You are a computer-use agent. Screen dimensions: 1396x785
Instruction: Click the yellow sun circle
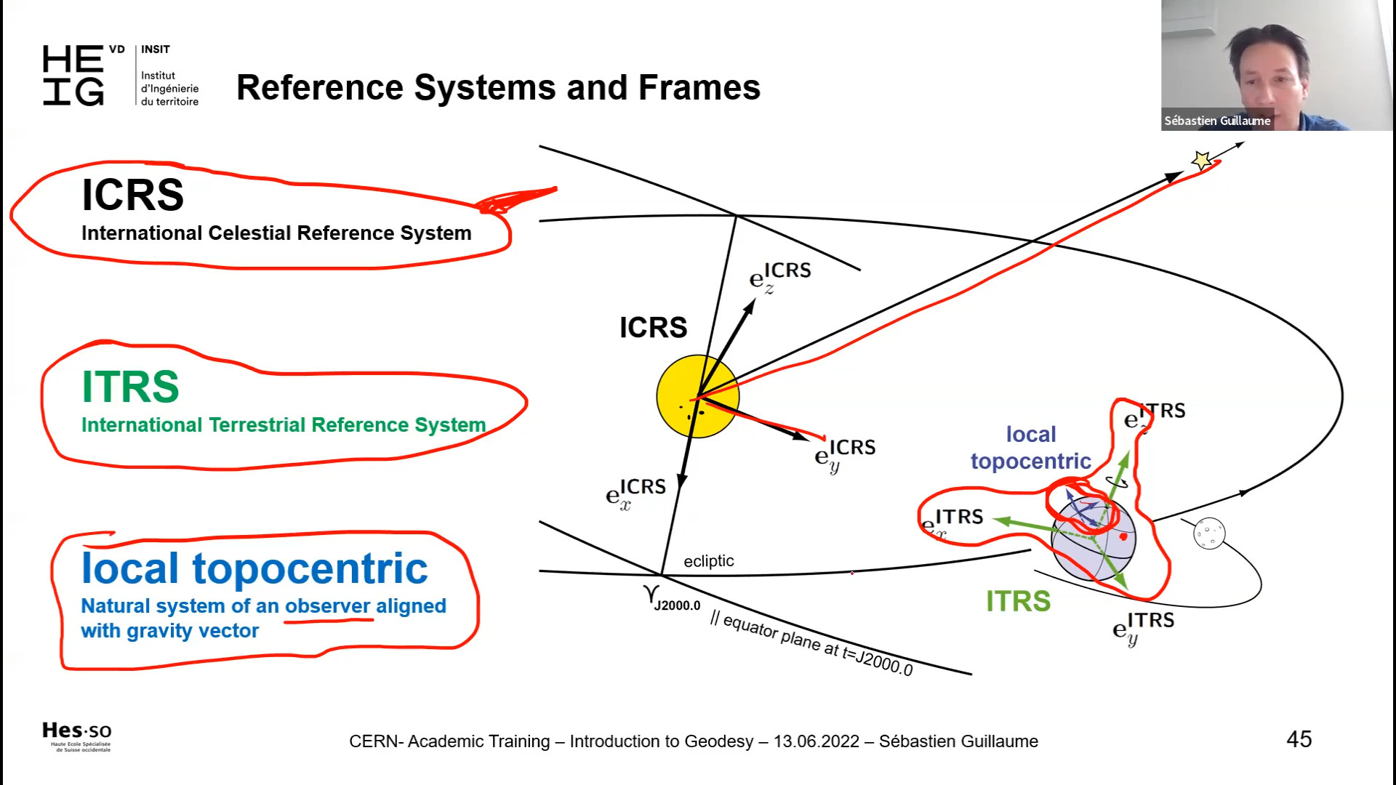pyautogui.click(x=697, y=396)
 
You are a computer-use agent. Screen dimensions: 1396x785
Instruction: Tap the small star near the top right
pyautogui.click(x=1201, y=160)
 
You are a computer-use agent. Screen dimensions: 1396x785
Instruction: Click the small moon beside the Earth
pyautogui.click(x=1209, y=533)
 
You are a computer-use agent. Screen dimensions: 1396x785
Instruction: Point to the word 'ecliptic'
pyautogui.click(x=708, y=561)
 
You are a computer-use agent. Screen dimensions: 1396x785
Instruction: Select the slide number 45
pyautogui.click(x=1299, y=739)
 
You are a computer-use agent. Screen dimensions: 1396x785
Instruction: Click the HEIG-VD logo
pyautogui.click(x=121, y=76)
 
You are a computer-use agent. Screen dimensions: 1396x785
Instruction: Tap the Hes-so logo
pyautogui.click(x=77, y=736)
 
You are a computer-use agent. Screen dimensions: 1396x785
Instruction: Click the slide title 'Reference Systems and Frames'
pyautogui.click(x=498, y=88)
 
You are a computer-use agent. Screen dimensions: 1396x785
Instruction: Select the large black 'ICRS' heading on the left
pyautogui.click(x=132, y=195)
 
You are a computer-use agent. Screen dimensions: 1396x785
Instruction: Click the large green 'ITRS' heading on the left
pyautogui.click(x=130, y=387)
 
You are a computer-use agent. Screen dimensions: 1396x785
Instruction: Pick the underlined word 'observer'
pyautogui.click(x=328, y=606)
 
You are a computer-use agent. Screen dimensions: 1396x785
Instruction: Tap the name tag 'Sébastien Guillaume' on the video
pyautogui.click(x=1217, y=121)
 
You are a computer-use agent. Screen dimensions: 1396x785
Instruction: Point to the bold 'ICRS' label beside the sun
pyautogui.click(x=653, y=328)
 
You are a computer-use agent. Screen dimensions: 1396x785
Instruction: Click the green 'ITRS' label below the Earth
pyautogui.click(x=1018, y=601)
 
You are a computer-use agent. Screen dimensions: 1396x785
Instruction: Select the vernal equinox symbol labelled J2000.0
pyautogui.click(x=651, y=595)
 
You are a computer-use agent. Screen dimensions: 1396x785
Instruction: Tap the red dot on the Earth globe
pyautogui.click(x=1123, y=536)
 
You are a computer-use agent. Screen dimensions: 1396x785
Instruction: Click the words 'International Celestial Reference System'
pyautogui.click(x=276, y=233)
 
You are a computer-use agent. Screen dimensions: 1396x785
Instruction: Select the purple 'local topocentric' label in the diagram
pyautogui.click(x=1031, y=448)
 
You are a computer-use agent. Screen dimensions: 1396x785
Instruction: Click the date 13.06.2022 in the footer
pyautogui.click(x=816, y=741)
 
